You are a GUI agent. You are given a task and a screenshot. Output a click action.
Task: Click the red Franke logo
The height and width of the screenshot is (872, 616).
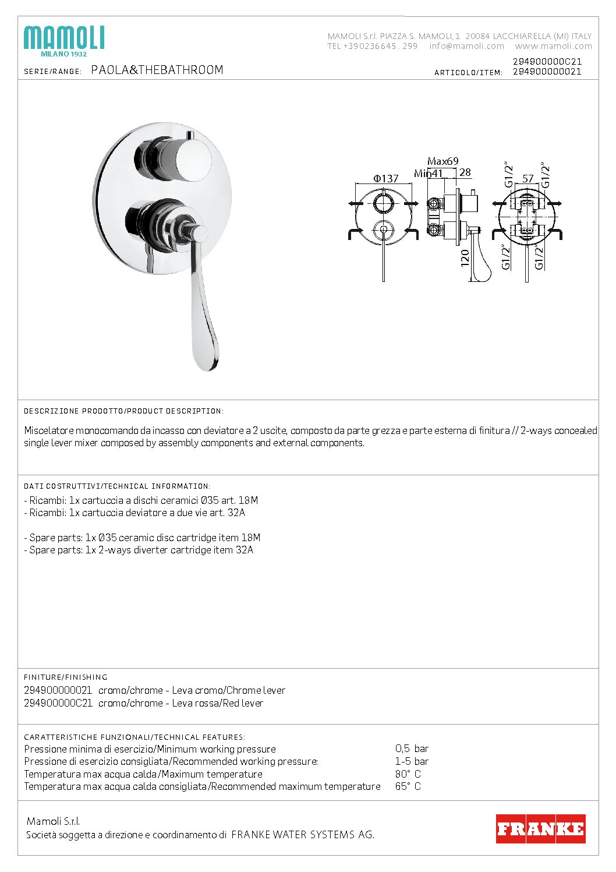[x=540, y=828]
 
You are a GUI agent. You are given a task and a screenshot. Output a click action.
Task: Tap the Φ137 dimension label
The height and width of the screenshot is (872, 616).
[x=386, y=178]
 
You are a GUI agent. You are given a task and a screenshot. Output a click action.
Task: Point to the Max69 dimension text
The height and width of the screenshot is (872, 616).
[x=443, y=161]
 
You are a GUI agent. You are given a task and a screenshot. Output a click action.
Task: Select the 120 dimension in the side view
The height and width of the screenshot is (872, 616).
[x=465, y=258]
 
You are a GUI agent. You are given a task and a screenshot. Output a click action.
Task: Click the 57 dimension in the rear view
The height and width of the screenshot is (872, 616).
[x=528, y=178]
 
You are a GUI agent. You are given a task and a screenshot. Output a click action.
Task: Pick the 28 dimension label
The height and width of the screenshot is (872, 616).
[x=465, y=172]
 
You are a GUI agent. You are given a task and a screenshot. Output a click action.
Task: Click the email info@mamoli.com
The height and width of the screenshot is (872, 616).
[x=467, y=46]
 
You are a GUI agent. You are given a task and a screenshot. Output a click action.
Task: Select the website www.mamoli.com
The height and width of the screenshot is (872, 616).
[x=553, y=46]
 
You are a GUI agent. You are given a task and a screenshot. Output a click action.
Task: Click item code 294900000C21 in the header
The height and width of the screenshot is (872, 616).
[x=547, y=61]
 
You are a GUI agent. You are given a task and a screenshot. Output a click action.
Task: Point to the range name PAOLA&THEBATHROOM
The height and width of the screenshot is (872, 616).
[x=157, y=70]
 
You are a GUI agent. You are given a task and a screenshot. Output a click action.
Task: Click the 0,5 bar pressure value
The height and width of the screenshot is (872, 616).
[x=412, y=749]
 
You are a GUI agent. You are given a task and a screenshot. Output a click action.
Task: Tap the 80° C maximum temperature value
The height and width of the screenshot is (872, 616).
[x=408, y=774]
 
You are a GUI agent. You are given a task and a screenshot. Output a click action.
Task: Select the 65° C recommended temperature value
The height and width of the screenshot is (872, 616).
[x=408, y=786]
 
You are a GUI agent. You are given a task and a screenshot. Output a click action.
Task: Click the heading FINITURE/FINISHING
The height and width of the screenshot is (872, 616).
[x=66, y=677]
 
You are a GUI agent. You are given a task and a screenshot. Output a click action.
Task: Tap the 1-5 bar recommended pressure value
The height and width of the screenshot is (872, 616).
[x=412, y=761]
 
